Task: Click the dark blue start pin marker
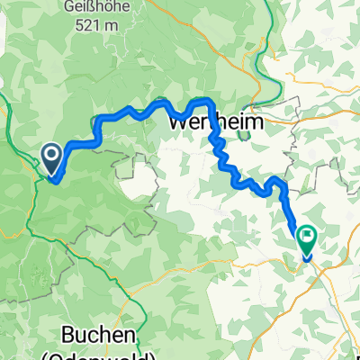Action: coord(52,160)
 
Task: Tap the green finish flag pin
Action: coord(307,238)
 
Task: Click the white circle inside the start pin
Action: coord(52,157)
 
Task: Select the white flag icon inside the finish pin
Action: coord(307,237)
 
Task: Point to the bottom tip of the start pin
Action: coord(52,176)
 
